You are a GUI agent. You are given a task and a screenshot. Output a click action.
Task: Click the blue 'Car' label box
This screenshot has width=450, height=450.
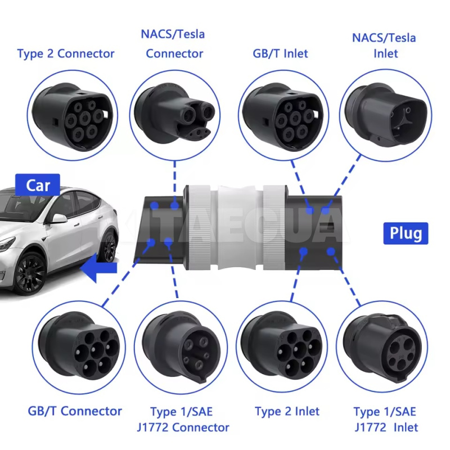point(38,185)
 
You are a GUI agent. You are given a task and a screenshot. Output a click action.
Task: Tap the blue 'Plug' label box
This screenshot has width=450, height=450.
point(405,232)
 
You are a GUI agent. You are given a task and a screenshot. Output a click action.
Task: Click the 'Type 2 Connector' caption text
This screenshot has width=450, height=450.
point(66,54)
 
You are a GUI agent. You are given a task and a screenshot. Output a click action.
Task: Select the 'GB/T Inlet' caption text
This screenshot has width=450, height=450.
point(280,54)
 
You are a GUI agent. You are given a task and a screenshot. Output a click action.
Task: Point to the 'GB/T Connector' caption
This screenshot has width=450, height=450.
point(75,411)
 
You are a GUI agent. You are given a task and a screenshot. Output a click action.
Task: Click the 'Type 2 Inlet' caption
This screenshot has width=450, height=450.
point(287,411)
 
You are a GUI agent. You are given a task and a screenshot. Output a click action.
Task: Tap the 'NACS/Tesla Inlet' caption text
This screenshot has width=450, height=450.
point(384,46)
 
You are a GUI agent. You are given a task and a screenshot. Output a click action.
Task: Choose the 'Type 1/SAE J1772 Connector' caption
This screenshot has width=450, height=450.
point(190,419)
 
